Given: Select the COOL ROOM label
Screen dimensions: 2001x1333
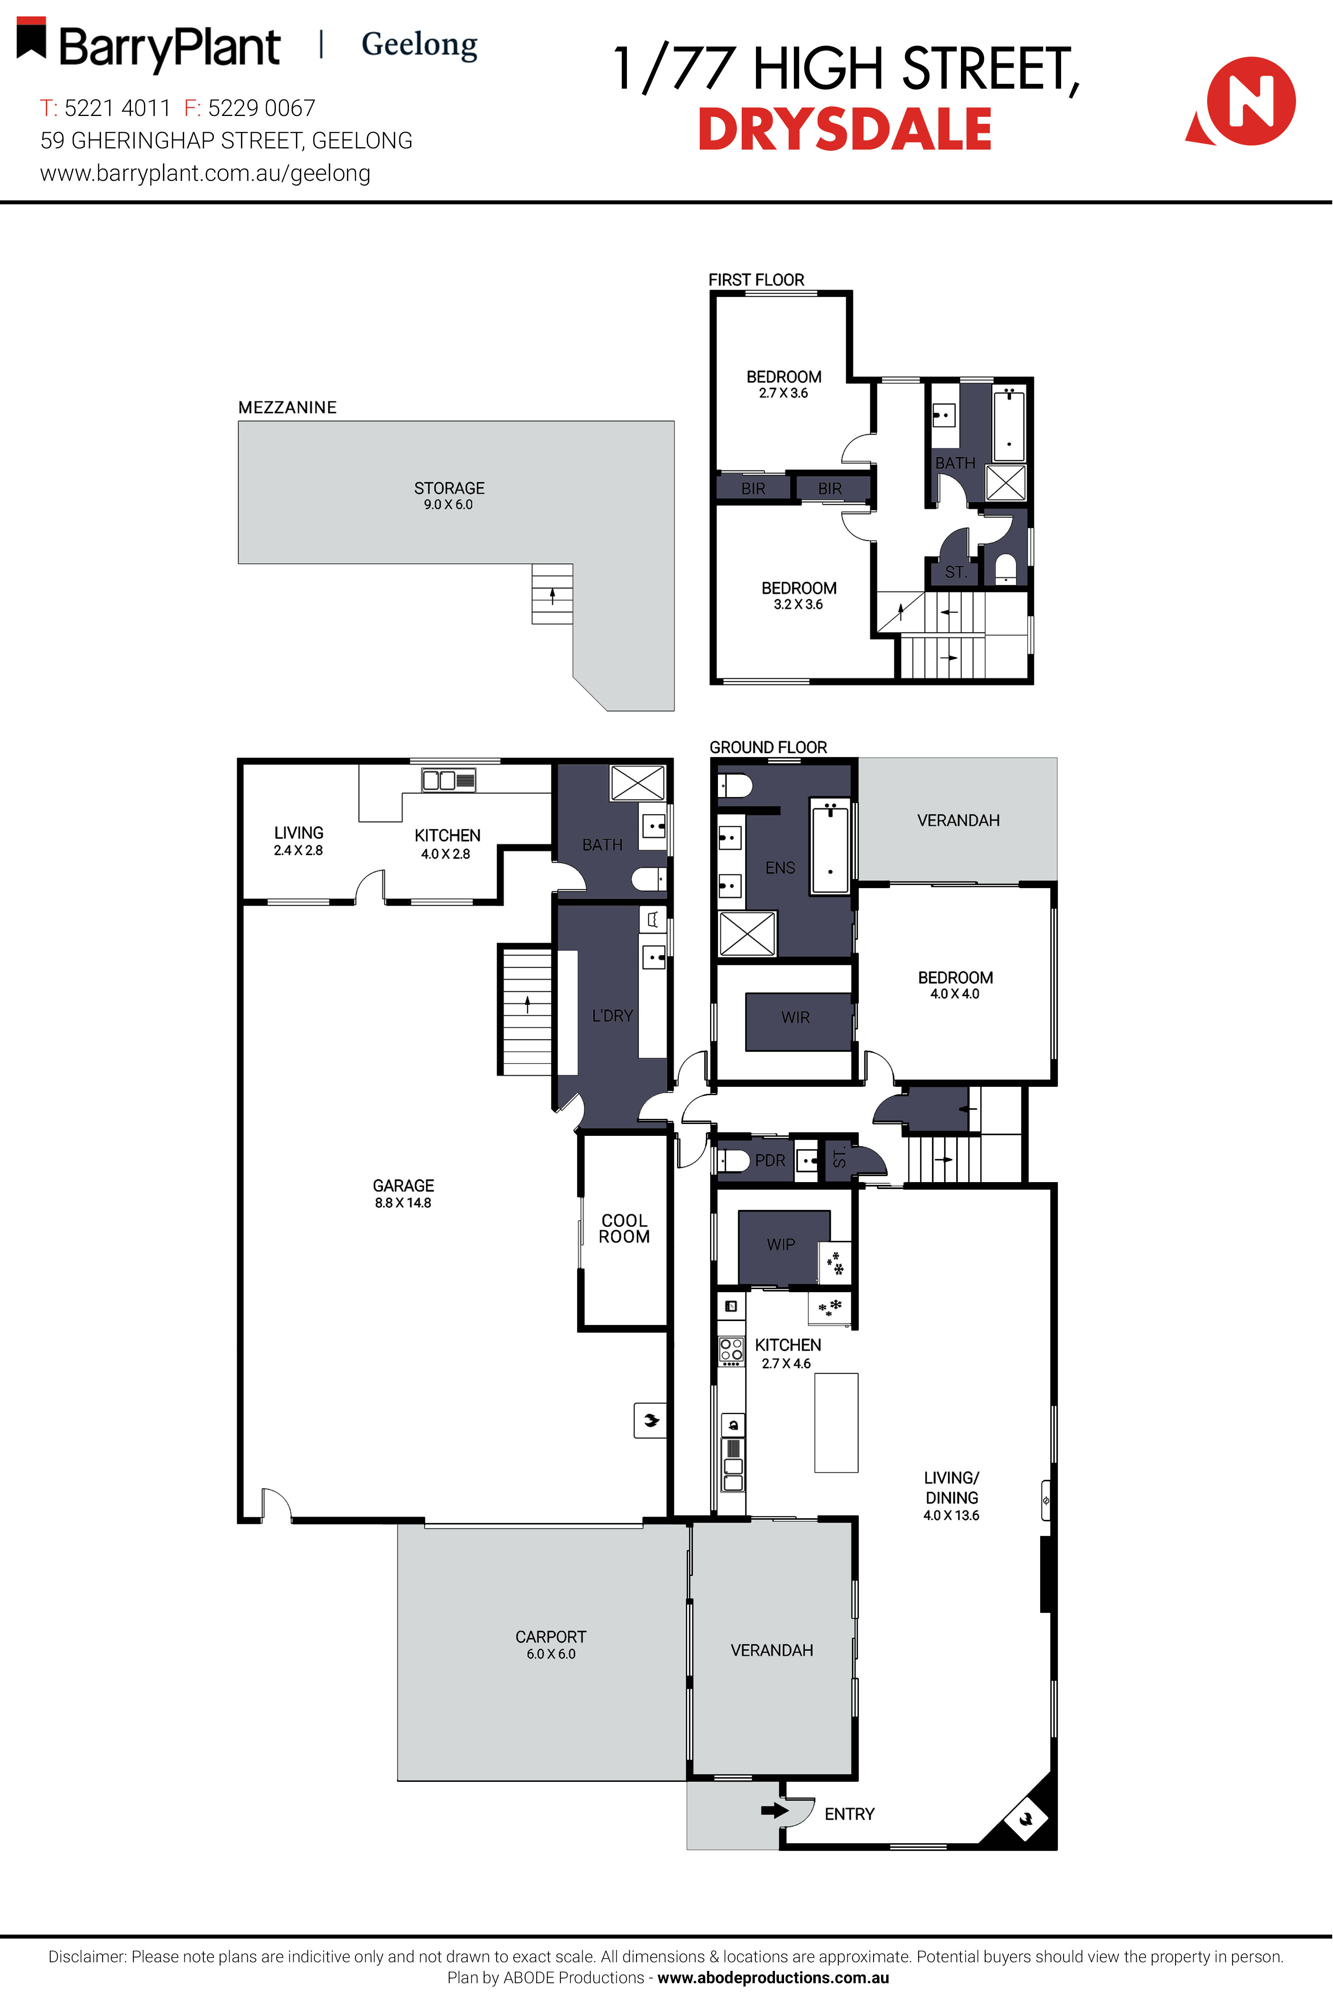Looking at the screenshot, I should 624,1228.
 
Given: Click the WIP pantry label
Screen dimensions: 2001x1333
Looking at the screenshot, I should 780,1244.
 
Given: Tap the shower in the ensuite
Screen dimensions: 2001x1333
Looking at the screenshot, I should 747,933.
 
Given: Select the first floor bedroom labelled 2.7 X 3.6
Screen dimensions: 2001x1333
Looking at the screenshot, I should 783,384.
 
